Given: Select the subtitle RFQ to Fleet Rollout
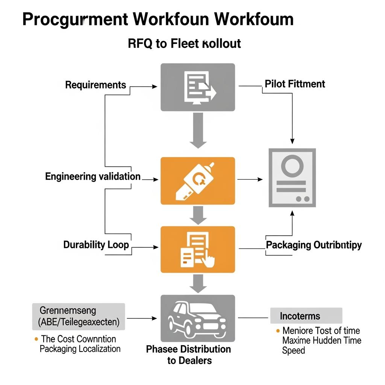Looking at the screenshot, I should [184, 44].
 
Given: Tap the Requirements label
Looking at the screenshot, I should [95, 85].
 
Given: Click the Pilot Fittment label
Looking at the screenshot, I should [295, 83].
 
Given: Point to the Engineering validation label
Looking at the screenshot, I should [93, 176].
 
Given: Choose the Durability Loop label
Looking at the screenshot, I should [96, 245].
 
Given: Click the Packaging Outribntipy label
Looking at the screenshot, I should [314, 245].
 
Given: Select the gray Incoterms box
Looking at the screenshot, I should [306, 316].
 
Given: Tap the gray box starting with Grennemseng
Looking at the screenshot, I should [78, 317].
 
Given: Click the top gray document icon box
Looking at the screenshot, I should [198, 87].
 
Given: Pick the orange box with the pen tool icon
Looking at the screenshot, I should [198, 181].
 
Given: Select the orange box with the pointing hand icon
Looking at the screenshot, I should [198, 249].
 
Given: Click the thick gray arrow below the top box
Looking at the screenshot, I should [198, 130].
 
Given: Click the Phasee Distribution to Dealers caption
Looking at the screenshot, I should [188, 355].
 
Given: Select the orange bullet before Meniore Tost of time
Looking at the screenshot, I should [278, 331].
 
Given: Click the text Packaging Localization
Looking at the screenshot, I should [80, 349].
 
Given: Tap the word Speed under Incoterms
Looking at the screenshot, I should [293, 350].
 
